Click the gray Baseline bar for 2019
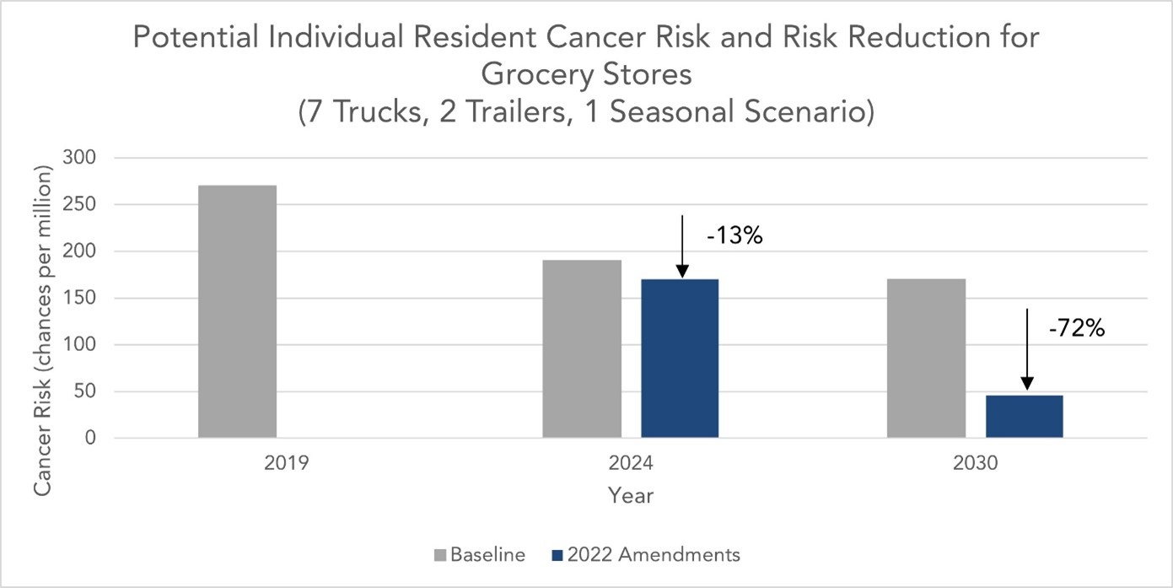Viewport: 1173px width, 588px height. [237, 311]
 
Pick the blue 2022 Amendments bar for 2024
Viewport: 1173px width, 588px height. [680, 358]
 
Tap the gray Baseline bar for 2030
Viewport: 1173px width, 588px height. [926, 358]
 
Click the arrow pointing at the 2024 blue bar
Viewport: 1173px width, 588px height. [681, 245]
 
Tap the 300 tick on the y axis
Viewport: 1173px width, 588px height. [83, 158]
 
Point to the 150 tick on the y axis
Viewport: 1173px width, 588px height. [83, 298]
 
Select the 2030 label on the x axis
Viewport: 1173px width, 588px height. [976, 464]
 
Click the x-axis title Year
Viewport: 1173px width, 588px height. [631, 496]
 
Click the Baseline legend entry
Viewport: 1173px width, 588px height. [480, 555]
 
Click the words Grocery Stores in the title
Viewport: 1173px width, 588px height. [586, 75]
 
